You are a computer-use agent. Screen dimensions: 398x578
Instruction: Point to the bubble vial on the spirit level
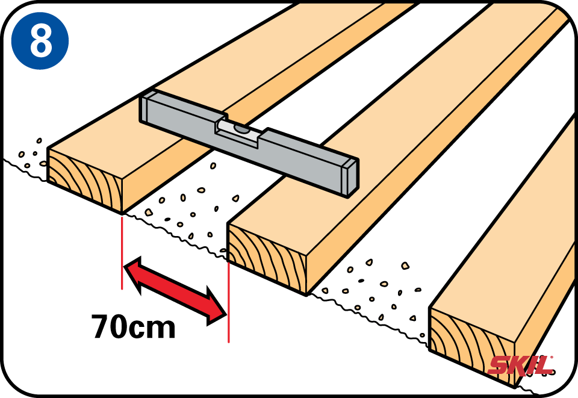coord(240,129)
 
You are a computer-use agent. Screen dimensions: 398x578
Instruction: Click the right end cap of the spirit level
coord(350,178)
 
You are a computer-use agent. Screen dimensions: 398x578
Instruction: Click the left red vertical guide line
coord(122,253)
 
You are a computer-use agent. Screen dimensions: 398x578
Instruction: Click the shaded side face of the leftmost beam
coord(163,175)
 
